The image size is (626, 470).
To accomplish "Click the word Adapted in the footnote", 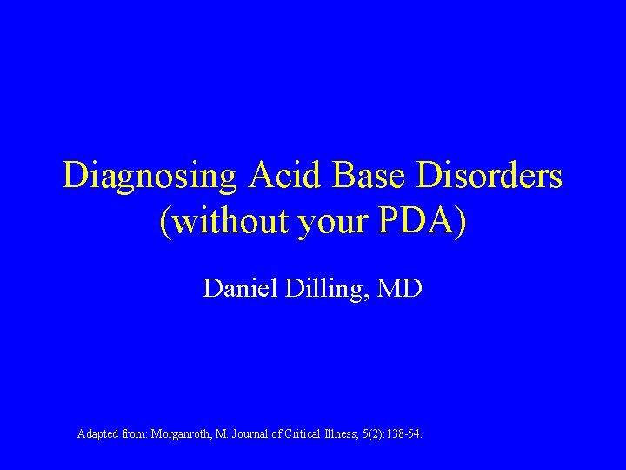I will (97, 433).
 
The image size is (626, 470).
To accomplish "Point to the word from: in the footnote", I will (135, 433).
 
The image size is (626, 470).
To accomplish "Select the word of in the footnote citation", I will (276, 433).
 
